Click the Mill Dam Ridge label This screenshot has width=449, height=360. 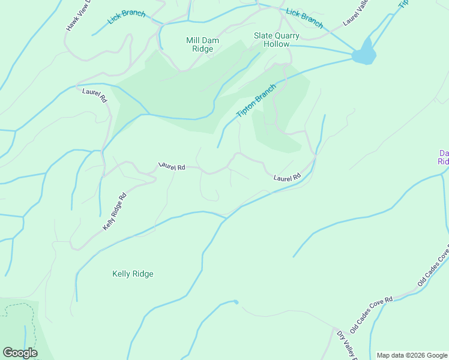click(x=203, y=44)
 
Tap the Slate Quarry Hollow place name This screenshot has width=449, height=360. click(x=271, y=40)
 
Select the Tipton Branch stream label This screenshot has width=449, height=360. click(x=256, y=101)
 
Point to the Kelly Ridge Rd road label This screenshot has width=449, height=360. click(x=115, y=211)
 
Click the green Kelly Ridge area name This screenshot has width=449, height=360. click(x=133, y=274)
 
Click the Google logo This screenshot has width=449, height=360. click(x=20, y=353)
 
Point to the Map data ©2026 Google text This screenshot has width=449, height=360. click(x=412, y=355)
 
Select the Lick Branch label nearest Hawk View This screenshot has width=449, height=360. click(x=127, y=16)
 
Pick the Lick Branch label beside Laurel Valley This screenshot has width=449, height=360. click(x=304, y=19)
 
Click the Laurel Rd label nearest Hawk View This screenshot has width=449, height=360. click(x=94, y=94)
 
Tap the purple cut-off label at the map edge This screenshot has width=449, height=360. click(x=443, y=157)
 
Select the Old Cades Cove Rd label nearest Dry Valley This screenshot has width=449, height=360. click(x=372, y=313)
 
